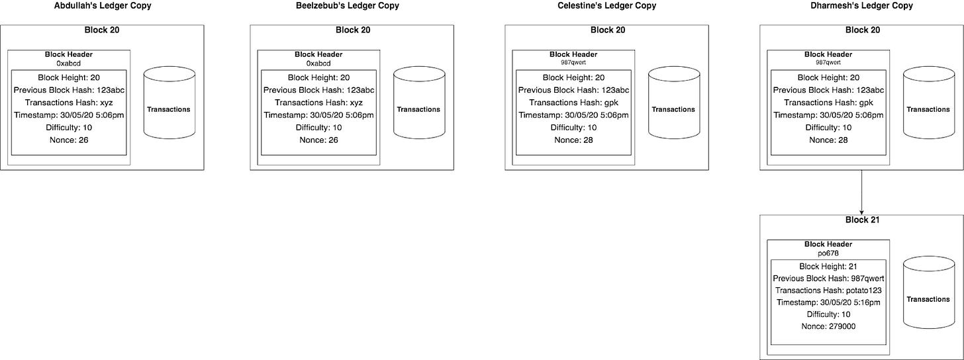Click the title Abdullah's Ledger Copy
(x=103, y=6)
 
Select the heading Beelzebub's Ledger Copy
(x=348, y=6)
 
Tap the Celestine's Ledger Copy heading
(x=606, y=6)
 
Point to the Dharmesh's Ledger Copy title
(x=861, y=6)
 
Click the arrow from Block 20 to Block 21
(x=861, y=193)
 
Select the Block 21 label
(x=863, y=220)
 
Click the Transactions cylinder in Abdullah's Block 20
(x=169, y=103)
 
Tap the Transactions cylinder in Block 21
(x=929, y=292)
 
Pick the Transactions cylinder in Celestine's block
(x=674, y=103)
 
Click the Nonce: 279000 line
(x=828, y=326)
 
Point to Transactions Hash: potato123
(x=828, y=291)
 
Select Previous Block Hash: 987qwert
(x=828, y=279)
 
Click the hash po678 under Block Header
(x=828, y=253)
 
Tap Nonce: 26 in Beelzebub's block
(x=319, y=140)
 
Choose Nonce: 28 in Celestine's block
(x=573, y=140)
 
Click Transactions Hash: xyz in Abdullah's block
(x=69, y=103)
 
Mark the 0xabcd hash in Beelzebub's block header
(x=318, y=64)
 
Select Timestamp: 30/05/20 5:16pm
(x=828, y=302)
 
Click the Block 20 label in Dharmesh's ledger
(x=863, y=30)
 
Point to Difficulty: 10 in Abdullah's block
(x=69, y=127)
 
